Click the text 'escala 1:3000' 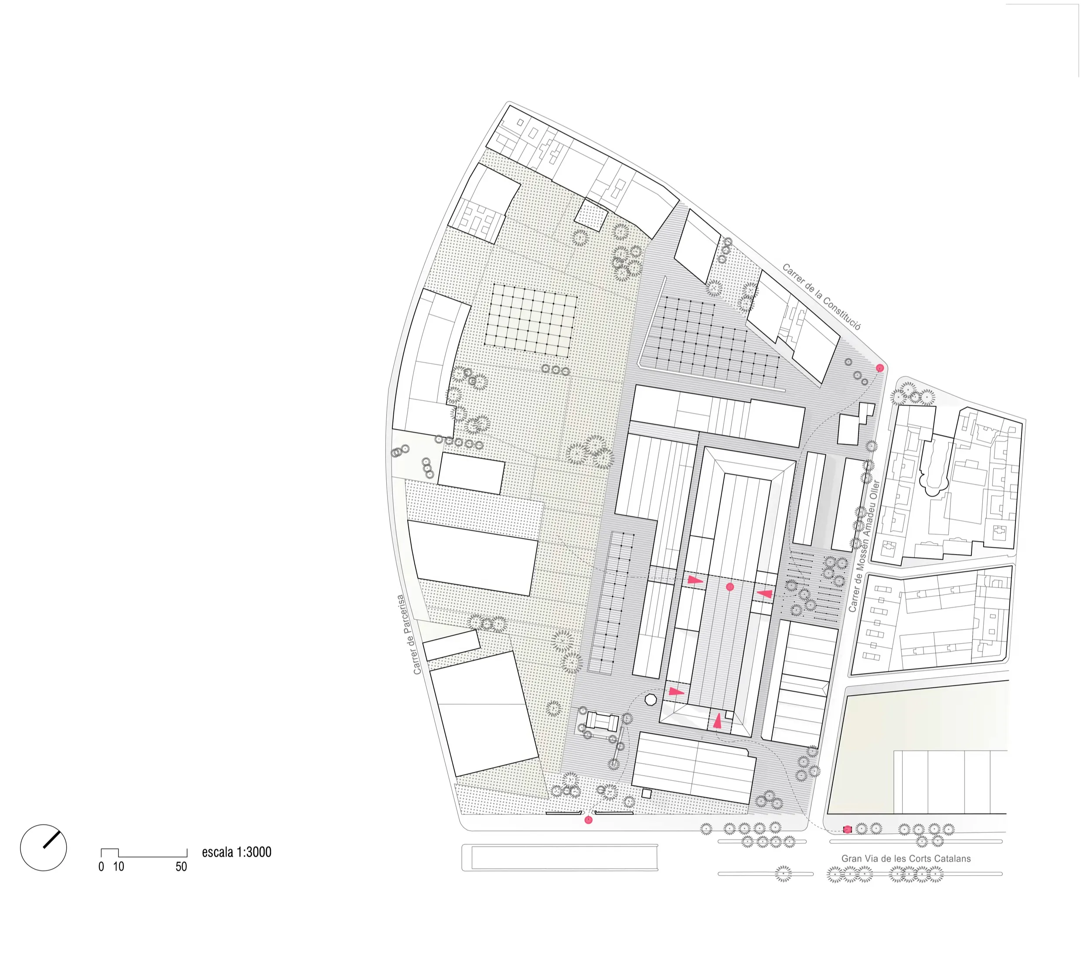coord(236,852)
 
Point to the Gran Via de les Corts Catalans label coord(906,858)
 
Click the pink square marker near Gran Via coord(848,829)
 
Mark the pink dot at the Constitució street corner coord(880,368)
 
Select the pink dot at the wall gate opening coord(588,820)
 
